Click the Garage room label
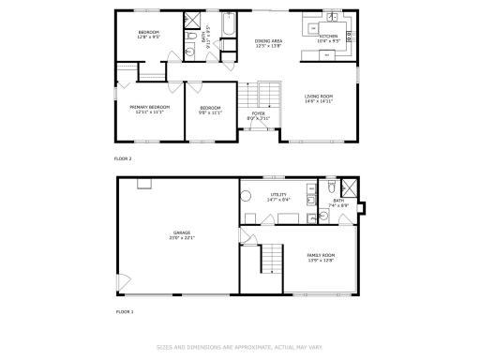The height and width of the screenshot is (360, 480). tap(180, 234)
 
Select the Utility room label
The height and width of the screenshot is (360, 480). tap(278, 196)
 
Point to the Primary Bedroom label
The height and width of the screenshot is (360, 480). tap(150, 109)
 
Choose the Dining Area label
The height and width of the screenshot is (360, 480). tap(268, 43)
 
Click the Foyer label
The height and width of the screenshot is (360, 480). tap(258, 115)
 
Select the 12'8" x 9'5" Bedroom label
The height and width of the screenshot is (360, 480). tap(148, 36)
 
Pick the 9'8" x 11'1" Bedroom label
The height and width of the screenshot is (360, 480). tap(210, 110)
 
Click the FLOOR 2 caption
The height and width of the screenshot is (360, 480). tap(123, 158)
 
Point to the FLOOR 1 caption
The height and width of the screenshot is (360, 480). tap(125, 310)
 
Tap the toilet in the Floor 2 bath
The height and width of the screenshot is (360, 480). tap(190, 38)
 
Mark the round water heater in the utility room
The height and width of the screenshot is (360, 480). tap(247, 197)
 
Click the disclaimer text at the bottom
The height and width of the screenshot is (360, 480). tap(239, 346)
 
